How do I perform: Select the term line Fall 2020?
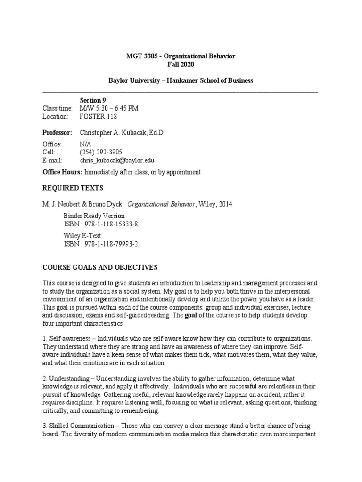(181, 64)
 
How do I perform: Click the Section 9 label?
(93, 100)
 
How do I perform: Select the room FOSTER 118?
(99, 116)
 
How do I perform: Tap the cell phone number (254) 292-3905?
(101, 153)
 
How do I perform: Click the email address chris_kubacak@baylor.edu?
(117, 161)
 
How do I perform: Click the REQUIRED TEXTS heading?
(73, 188)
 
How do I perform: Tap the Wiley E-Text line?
(82, 236)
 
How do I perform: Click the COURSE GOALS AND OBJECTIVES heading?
(100, 267)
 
